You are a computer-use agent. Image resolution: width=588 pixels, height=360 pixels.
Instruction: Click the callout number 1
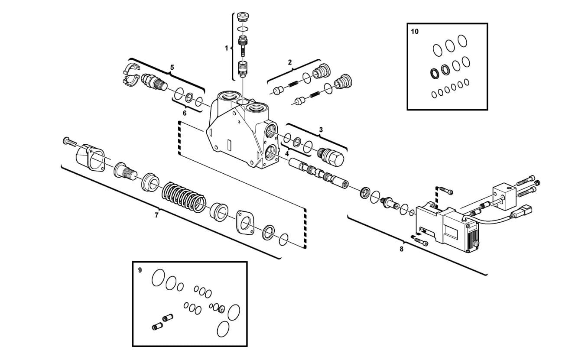[226, 49]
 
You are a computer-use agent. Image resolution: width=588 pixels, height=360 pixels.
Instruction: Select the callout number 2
[290, 62]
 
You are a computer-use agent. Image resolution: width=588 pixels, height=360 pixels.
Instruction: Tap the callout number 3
[321, 130]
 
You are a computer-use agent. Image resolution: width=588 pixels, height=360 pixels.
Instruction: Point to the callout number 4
[287, 153]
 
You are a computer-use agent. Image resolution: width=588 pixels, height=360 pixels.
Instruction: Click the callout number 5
[172, 68]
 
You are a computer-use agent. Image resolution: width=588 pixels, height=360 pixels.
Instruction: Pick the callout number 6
[184, 113]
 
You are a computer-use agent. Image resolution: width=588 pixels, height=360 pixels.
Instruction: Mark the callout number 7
[156, 215]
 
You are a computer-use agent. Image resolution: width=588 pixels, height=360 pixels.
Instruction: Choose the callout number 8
[401, 249]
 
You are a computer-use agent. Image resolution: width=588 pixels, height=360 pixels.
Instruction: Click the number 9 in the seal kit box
[140, 270]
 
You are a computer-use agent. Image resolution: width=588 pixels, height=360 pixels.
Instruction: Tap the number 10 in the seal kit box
[415, 32]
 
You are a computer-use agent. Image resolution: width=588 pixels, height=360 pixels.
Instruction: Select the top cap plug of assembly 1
[244, 18]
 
